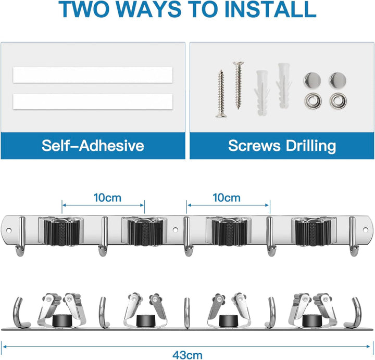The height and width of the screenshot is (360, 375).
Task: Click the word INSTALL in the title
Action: [270, 9]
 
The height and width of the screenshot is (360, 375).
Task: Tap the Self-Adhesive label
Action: [93, 145]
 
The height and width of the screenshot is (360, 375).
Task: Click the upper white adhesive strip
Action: [93, 75]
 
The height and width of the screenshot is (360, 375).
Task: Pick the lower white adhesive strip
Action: [93, 101]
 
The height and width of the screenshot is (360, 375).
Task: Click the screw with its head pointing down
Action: [221, 94]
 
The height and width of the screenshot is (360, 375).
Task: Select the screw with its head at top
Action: [238, 85]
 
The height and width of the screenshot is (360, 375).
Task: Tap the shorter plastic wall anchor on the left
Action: [262, 93]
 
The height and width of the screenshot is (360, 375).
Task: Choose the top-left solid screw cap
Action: [312, 80]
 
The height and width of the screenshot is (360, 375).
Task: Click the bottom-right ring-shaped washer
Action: [338, 100]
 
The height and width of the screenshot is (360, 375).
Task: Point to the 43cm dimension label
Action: [187, 355]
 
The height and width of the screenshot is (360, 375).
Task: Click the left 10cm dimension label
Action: [107, 198]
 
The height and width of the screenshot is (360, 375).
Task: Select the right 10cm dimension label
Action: [227, 198]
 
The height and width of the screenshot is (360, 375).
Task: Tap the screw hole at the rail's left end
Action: [9, 230]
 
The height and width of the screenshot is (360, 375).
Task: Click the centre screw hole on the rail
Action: [176, 230]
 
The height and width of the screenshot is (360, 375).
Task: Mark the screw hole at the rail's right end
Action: [365, 230]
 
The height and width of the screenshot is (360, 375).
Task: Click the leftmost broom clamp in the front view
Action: [61, 231]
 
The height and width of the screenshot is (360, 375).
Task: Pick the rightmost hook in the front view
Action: [354, 237]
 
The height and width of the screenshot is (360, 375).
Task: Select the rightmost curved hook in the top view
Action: [354, 313]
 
